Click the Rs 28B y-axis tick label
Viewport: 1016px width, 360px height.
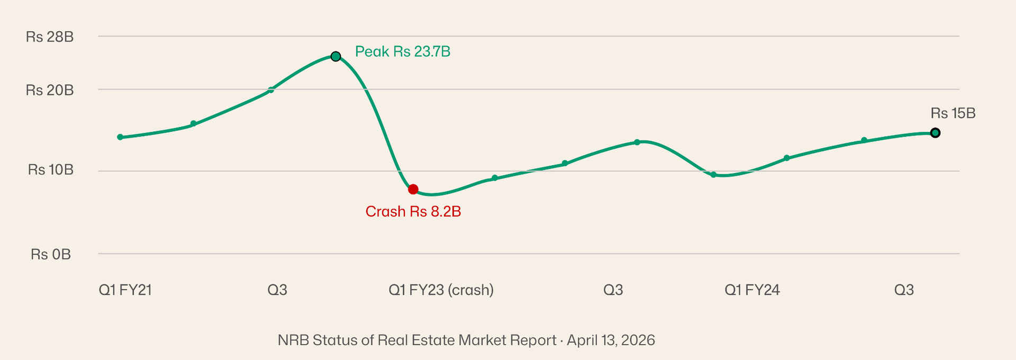pos(50,37)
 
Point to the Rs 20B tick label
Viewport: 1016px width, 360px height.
pos(50,90)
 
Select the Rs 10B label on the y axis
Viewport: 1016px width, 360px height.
pos(51,170)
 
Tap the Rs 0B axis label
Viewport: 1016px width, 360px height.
pos(51,255)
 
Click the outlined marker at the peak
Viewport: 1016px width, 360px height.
pos(335,56)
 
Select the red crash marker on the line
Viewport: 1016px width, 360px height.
pos(413,189)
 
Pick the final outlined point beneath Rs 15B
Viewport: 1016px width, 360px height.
pos(935,133)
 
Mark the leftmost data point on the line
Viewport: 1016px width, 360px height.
pos(120,137)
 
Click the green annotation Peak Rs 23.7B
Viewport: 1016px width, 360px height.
pos(402,52)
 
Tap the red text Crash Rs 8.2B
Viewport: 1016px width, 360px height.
pos(413,212)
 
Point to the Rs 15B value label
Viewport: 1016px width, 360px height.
pos(952,113)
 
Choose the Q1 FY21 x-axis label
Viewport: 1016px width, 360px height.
pos(125,290)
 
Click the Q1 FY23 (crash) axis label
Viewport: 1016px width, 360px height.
pos(441,290)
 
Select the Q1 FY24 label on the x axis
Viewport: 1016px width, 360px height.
pos(752,290)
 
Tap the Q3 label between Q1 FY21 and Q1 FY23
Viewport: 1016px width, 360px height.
pos(277,290)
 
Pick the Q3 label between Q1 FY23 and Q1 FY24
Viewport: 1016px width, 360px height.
pos(613,290)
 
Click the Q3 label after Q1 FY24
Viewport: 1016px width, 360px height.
pos(904,290)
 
